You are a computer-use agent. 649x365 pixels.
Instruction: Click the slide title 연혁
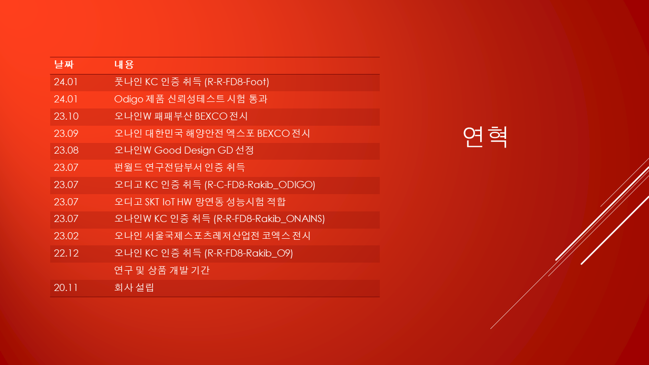(x=485, y=137)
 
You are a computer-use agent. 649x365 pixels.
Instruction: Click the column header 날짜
(x=64, y=64)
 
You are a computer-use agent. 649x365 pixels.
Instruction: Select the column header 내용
(x=124, y=64)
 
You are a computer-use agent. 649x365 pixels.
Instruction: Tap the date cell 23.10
(x=66, y=116)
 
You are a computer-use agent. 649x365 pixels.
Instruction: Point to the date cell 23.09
(x=66, y=133)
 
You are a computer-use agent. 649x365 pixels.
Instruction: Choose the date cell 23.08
(x=66, y=150)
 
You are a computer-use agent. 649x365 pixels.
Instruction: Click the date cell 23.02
(x=66, y=236)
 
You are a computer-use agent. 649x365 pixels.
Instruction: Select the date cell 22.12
(x=66, y=253)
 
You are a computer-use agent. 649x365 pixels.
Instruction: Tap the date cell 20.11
(x=66, y=287)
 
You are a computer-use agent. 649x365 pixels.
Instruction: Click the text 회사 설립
(x=134, y=287)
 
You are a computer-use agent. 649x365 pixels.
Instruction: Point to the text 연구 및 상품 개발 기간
(x=162, y=270)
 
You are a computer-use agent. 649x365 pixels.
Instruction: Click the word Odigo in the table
(x=129, y=99)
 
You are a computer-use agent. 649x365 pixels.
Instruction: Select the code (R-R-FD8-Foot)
(x=237, y=82)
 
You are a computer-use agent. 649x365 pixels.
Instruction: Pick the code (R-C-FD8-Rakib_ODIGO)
(x=260, y=185)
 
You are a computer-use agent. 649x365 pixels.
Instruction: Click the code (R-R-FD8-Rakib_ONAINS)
(x=269, y=218)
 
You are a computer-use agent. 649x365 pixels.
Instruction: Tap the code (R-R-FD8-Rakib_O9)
(x=248, y=253)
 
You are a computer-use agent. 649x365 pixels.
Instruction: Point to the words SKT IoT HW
(x=169, y=202)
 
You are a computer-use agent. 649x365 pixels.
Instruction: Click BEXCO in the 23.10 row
(x=211, y=116)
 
